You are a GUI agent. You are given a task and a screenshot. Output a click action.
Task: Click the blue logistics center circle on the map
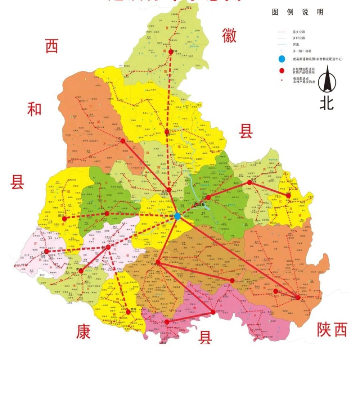[177, 216]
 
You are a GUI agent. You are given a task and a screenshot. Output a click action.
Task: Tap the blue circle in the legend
[282, 59]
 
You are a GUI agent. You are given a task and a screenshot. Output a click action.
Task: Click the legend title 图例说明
[298, 12]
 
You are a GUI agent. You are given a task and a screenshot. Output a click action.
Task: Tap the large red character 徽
[229, 35]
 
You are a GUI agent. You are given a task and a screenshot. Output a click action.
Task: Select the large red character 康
[83, 331]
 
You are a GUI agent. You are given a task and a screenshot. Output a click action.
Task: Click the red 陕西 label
[332, 329]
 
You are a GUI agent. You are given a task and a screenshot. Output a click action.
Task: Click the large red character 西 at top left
[52, 46]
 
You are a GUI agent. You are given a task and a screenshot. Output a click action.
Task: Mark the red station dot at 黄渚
[171, 52]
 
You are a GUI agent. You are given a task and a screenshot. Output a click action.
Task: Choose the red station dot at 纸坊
[64, 219]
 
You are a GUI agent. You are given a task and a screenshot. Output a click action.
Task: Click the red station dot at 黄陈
[128, 312]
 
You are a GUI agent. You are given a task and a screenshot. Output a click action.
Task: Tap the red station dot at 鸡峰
[158, 262]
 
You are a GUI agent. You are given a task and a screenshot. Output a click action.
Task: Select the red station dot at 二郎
[123, 141]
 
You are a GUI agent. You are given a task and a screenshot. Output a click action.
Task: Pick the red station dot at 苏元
[46, 251]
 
